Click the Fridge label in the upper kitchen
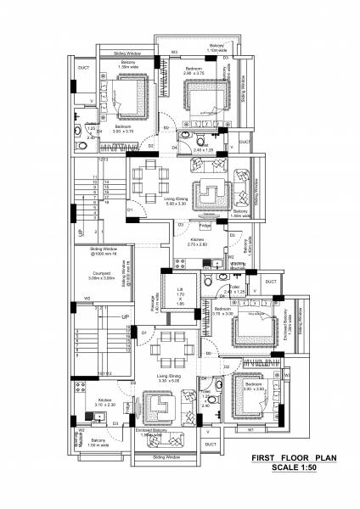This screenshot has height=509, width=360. (204, 226)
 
